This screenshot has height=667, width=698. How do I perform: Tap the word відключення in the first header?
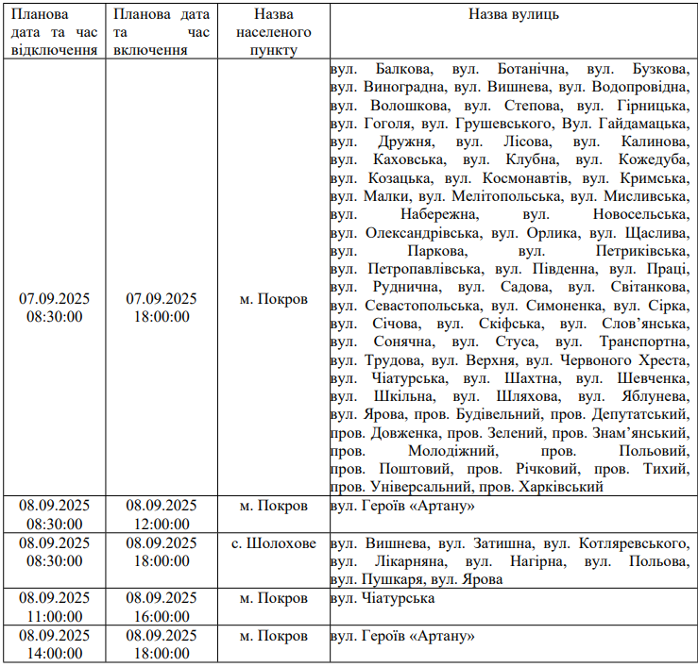click(54, 49)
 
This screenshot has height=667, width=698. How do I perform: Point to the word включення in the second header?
click(148, 49)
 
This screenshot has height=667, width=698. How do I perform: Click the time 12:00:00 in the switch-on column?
click(162, 524)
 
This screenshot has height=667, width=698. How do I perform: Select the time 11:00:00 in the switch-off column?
click(54, 616)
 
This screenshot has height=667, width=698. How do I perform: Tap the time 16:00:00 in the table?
click(162, 616)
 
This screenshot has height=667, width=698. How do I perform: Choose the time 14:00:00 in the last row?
click(54, 653)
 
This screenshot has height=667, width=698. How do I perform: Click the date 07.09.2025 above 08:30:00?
click(54, 298)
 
